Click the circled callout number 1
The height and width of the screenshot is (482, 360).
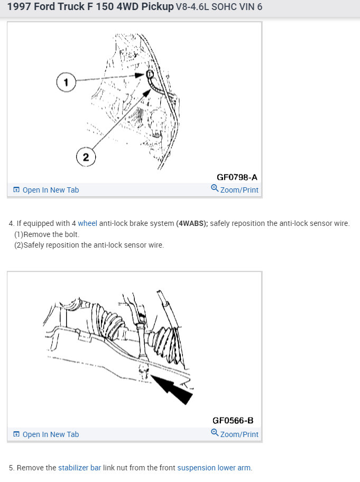click(66, 82)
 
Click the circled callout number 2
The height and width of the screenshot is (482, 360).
click(86, 157)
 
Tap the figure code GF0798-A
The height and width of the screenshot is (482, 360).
click(237, 177)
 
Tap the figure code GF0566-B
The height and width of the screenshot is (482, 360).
click(233, 420)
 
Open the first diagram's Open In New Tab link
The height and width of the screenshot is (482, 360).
click(46, 190)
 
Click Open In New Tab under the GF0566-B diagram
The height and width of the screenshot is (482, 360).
click(46, 434)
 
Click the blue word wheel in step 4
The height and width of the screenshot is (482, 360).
click(88, 223)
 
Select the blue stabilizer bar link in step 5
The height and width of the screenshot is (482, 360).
click(79, 468)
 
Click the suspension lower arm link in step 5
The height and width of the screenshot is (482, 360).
click(214, 468)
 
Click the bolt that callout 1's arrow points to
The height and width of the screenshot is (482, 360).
click(149, 75)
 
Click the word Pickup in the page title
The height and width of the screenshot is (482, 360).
click(158, 6)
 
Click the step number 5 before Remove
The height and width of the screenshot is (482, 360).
click(11, 468)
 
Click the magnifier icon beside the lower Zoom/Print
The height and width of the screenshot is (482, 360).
click(215, 432)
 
